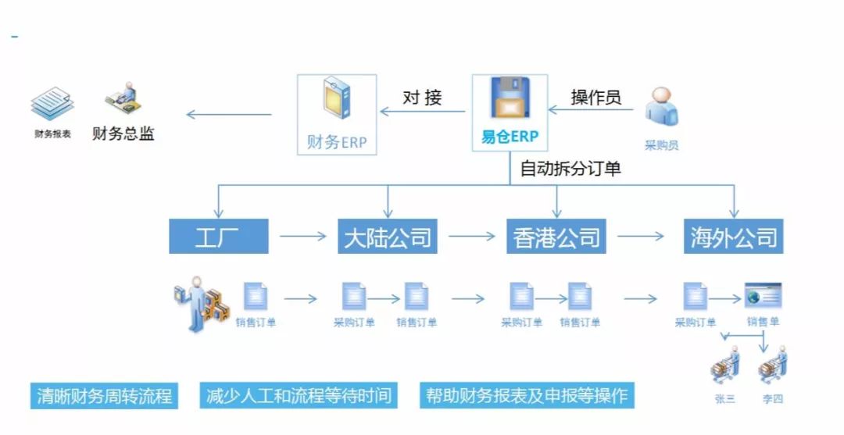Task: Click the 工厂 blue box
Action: (218, 237)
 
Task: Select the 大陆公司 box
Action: (388, 237)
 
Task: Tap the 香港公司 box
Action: (556, 237)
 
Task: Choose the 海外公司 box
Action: (733, 237)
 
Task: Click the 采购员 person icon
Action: (661, 108)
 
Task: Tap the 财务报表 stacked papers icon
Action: (52, 105)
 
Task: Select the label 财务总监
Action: (123, 134)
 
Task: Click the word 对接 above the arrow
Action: (423, 98)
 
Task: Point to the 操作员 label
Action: (595, 98)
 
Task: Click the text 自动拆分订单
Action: (570, 168)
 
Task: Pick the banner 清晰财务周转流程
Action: (104, 395)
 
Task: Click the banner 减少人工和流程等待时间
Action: (298, 395)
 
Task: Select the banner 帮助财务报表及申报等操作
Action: (526, 395)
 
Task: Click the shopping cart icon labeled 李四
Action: (772, 365)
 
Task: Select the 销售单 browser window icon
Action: (763, 298)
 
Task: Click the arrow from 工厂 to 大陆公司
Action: (302, 236)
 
